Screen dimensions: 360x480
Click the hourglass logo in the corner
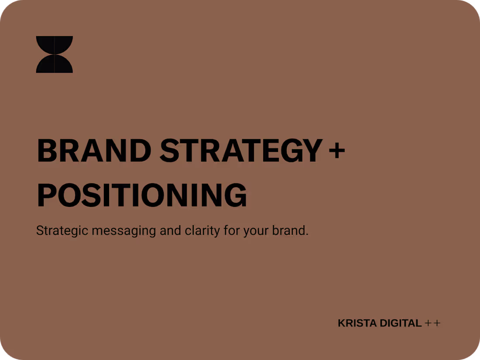55,55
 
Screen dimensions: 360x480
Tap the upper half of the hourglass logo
55,45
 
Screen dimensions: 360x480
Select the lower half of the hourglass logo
55,65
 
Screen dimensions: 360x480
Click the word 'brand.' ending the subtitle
290,230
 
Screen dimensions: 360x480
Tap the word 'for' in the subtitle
232,230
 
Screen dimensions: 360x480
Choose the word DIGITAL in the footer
401,323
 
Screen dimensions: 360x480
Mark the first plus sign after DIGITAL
428,323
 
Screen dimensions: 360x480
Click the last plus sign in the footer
437,323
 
